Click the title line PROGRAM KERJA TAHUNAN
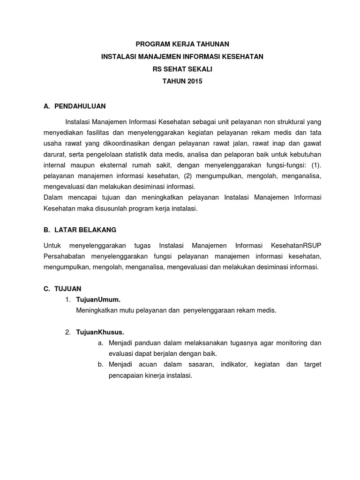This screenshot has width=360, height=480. pyautogui.click(x=182, y=44)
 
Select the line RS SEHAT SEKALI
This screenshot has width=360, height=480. pyautogui.click(x=182, y=69)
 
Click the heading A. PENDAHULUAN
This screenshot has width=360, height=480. pyautogui.click(x=75, y=106)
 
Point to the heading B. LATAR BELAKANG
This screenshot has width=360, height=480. pyautogui.click(x=80, y=230)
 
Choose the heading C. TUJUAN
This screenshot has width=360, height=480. pyautogui.click(x=62, y=289)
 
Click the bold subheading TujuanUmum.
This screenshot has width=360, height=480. pyautogui.click(x=98, y=300)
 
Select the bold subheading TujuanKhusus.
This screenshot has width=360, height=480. pyautogui.click(x=100, y=332)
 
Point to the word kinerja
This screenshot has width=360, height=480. pyautogui.click(x=157, y=376)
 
